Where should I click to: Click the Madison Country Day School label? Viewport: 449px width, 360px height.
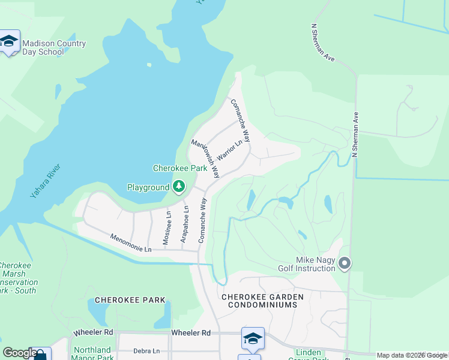point(53,47)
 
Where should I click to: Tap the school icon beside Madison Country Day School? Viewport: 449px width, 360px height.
point(10,41)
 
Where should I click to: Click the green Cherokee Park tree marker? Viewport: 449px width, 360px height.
point(178,187)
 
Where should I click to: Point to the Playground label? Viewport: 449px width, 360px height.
point(148,187)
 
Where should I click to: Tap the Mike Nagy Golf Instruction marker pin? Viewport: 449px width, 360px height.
point(345,263)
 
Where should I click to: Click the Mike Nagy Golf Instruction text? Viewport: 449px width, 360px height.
point(307,264)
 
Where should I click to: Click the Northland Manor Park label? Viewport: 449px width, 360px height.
point(91,353)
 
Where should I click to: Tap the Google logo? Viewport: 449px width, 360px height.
point(19,353)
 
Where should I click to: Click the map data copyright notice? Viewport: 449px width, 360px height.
point(412,355)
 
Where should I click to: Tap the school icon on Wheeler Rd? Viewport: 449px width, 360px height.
point(253,338)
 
